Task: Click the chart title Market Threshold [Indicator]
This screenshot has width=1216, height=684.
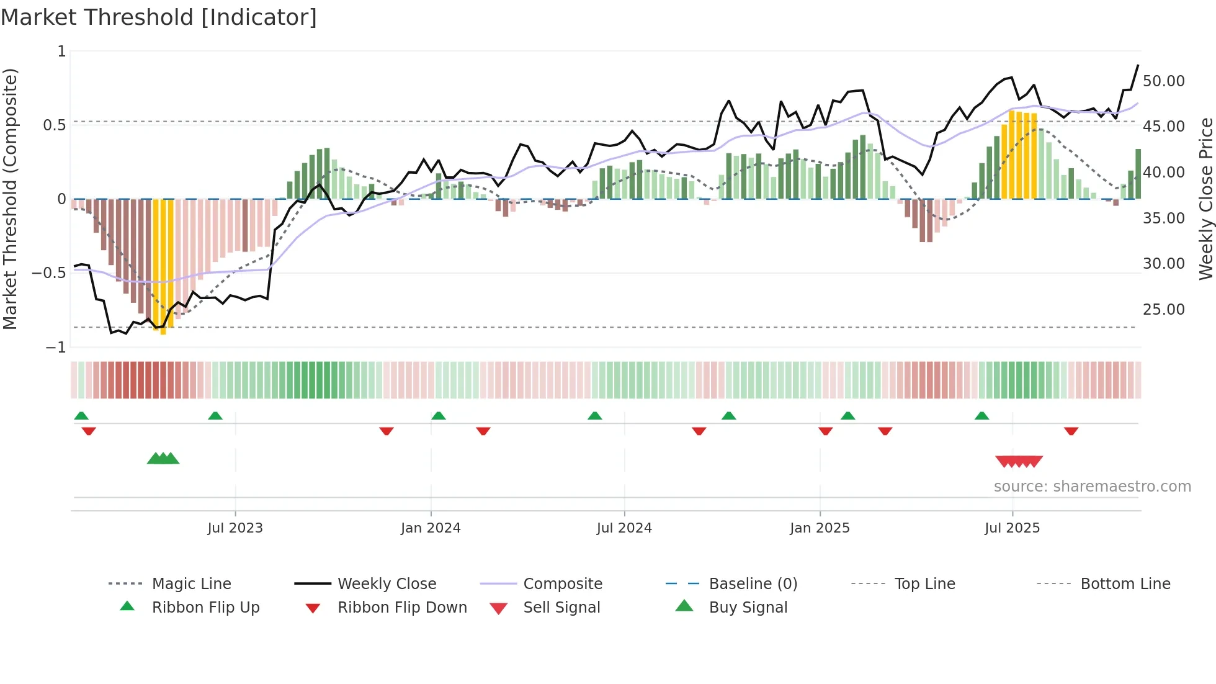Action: (159, 17)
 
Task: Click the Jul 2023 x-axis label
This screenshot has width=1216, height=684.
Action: (235, 528)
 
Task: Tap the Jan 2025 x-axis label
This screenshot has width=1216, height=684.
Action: (820, 528)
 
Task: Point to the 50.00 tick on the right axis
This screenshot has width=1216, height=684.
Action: (1163, 81)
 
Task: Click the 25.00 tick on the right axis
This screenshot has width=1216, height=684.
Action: (1163, 310)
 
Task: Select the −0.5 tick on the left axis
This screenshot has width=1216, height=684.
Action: (49, 273)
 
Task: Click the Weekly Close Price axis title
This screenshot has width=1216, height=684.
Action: (1205, 199)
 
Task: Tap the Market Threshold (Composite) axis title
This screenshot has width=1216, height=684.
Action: (10, 199)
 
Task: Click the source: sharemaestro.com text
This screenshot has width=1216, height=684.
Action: (1092, 487)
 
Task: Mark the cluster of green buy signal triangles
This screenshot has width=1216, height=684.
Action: (163, 459)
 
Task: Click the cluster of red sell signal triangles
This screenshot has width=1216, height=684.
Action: (1019, 462)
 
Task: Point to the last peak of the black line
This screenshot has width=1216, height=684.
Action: (1138, 65)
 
